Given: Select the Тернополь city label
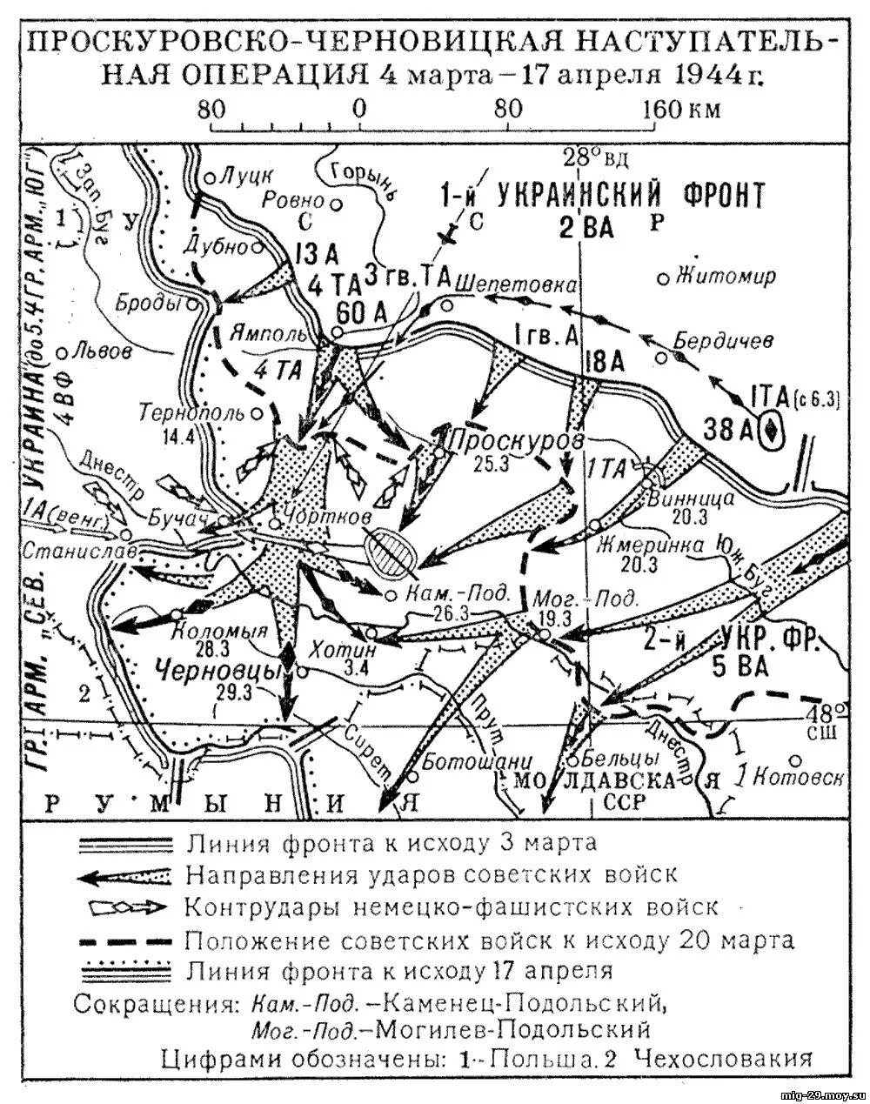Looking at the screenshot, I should (x=197, y=411).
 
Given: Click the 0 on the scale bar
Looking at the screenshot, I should (x=358, y=109).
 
